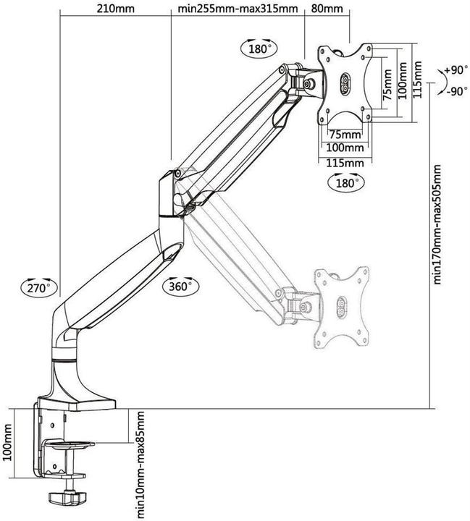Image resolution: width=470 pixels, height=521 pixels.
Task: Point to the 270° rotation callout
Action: [38, 287]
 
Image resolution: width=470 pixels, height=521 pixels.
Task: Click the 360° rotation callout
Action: [180, 284]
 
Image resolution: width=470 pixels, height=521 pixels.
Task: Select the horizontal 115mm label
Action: [344, 163]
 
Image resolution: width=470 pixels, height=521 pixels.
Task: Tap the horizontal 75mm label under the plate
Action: [345, 135]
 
